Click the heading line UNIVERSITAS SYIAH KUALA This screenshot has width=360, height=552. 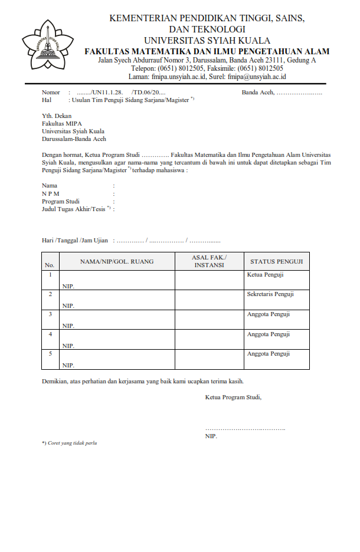[x=207, y=41]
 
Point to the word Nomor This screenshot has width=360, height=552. [x=51, y=93]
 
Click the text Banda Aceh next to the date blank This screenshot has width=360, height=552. [x=258, y=93]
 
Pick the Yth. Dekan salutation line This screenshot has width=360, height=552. [x=57, y=116]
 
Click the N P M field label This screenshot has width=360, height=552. [x=50, y=193]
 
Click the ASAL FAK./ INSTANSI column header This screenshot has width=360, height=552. [x=209, y=261]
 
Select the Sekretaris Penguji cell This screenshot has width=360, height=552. [x=270, y=294]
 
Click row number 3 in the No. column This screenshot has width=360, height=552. [x=50, y=314]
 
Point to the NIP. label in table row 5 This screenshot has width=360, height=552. [x=68, y=366]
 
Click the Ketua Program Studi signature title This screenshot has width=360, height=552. [x=233, y=397]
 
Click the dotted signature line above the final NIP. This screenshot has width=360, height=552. [x=245, y=428]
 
